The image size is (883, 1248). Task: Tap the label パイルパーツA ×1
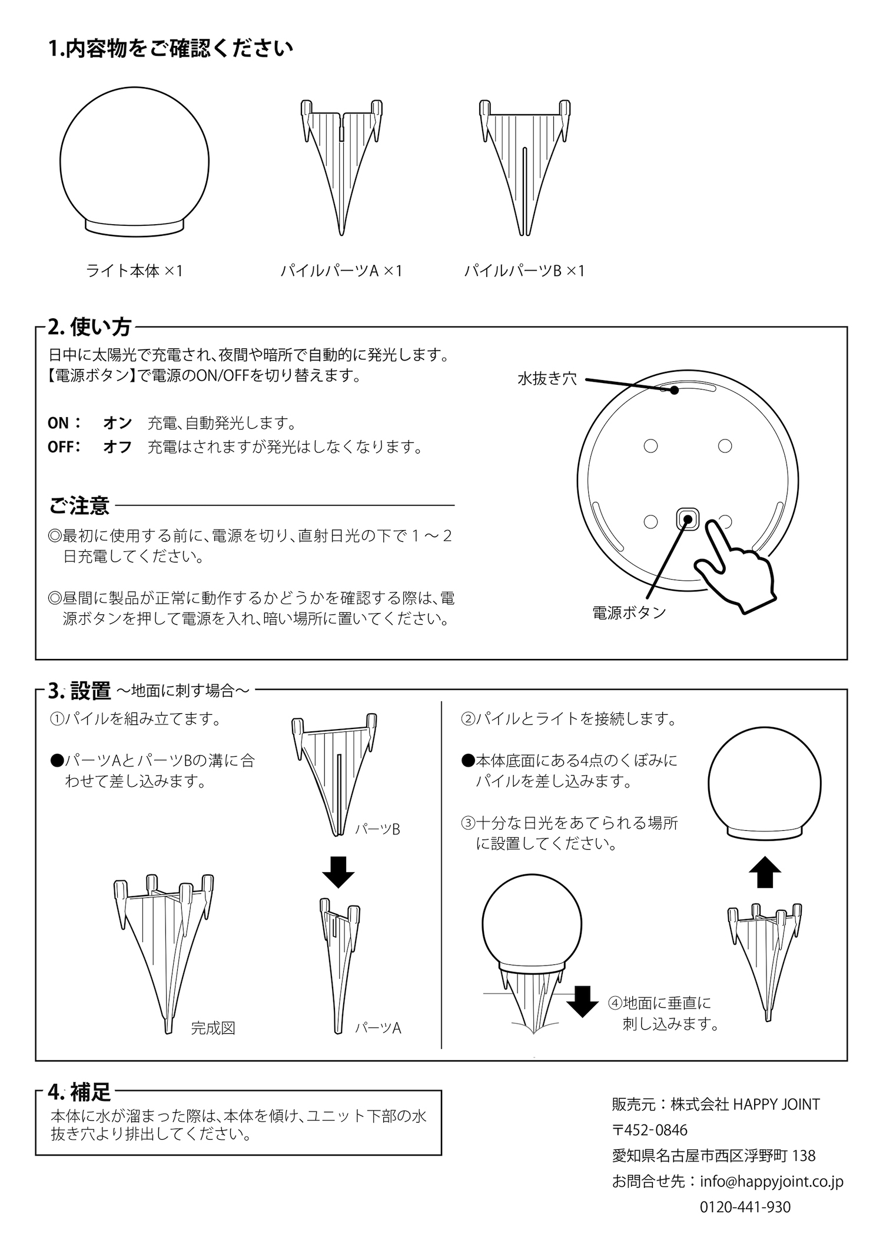pos(341,271)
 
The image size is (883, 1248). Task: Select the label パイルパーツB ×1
pos(525,271)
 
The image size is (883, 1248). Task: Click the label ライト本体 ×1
pos(135,271)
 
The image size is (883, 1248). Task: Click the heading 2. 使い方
pos(90,327)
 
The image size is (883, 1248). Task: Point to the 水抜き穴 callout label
pos(547,379)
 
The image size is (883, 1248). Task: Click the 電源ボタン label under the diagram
pos(629,613)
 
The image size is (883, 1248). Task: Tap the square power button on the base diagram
pos(687,518)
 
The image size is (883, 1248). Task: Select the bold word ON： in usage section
pos(65,423)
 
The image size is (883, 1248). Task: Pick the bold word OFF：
pos(64,447)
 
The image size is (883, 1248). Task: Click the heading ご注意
pos(79,505)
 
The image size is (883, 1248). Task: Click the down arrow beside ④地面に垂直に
pos(582,1001)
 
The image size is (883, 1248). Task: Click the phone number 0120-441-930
pos(745,1207)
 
